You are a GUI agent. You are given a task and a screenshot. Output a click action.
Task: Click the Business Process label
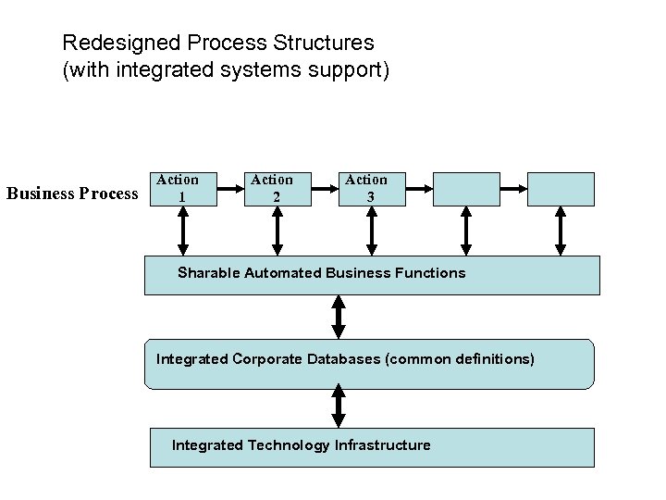point(72,194)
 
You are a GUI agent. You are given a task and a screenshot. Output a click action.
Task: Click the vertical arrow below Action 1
point(183,230)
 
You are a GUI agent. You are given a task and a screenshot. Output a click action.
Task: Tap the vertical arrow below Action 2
point(277,230)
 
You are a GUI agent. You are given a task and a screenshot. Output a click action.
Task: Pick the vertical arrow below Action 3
point(372,230)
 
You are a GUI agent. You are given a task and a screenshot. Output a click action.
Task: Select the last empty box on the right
point(561,188)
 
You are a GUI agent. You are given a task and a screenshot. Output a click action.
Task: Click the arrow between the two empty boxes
point(512,188)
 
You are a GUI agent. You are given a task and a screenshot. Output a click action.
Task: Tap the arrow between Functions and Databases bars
point(339,317)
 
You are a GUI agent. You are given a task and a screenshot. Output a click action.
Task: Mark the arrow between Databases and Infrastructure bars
point(339,407)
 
